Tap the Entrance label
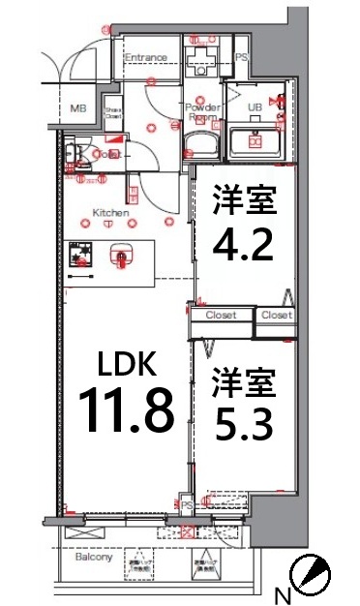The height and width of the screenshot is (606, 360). [145, 58]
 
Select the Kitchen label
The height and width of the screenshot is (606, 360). [111, 211]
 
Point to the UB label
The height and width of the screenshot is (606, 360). [256, 106]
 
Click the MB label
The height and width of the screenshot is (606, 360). [77, 109]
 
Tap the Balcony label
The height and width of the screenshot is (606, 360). [94, 558]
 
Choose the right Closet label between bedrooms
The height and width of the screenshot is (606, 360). [276, 316]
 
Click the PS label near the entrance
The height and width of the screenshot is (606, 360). [242, 58]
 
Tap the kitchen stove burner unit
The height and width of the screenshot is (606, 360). [83, 254]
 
